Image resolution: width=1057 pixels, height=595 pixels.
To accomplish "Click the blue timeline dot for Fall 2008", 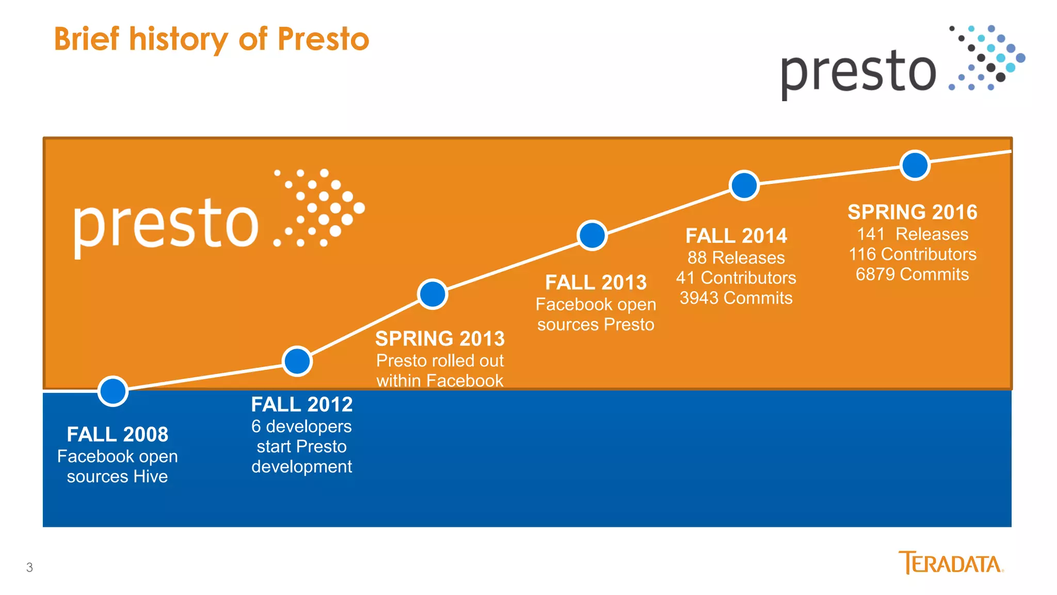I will [x=113, y=391].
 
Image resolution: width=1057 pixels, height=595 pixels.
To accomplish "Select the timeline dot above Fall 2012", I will [x=297, y=361].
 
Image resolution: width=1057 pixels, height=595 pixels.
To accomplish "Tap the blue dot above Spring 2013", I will [x=433, y=294].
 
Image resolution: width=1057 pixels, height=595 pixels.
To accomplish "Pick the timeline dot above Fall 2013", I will [x=592, y=236].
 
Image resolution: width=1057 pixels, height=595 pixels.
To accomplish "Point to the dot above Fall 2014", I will [x=744, y=185].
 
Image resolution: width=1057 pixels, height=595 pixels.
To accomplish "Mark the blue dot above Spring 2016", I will [x=915, y=165].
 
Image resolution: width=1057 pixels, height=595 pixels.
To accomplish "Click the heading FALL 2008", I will [x=117, y=434].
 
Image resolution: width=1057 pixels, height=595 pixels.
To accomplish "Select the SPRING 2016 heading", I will [x=912, y=212].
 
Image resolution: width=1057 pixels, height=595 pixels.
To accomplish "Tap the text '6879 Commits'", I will [x=912, y=274].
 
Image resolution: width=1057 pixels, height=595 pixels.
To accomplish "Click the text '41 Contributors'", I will [x=736, y=278].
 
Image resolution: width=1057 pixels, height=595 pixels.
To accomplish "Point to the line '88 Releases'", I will [x=736, y=258].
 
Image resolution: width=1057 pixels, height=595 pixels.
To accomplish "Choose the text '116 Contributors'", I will [x=912, y=254].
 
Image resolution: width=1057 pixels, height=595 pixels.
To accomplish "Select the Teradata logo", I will [x=951, y=563].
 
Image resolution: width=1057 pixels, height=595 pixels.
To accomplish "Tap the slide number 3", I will [x=29, y=568].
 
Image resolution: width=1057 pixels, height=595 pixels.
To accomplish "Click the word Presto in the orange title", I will [x=324, y=39].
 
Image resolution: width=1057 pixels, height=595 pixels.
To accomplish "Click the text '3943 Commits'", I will [x=736, y=298].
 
